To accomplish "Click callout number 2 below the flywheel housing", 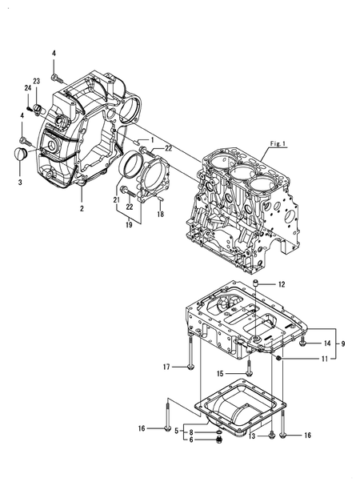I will pos(81,208).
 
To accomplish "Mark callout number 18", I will pos(161,214).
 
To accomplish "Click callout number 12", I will pos(282,285).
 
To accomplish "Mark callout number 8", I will pos(190,432).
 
